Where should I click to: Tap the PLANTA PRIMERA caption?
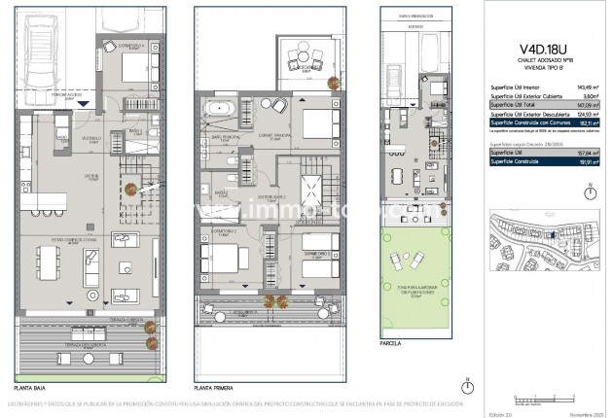(x=216, y=386)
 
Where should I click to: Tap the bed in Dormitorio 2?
(x=223, y=260)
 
